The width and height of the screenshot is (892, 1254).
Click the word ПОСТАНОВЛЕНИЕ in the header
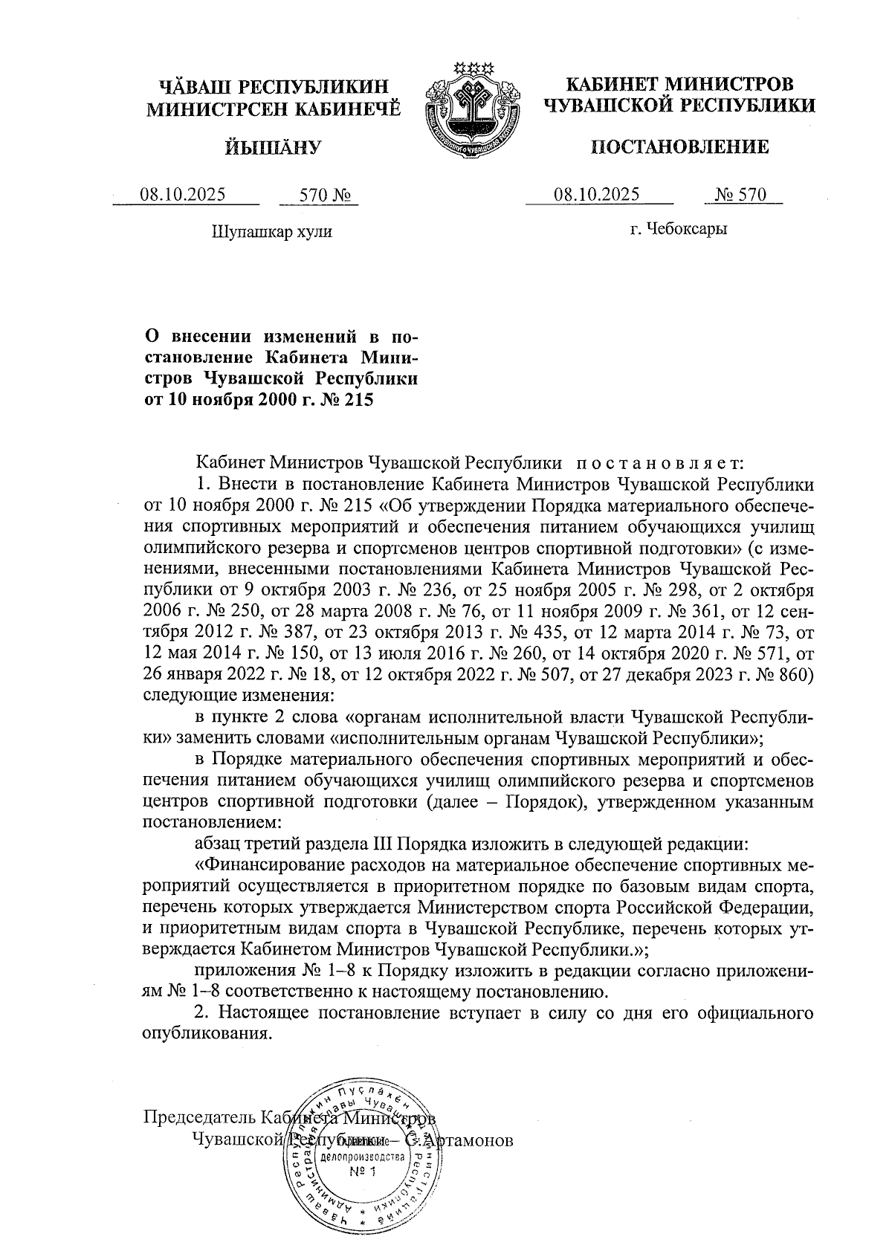679,147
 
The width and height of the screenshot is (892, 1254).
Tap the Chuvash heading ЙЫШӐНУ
273,147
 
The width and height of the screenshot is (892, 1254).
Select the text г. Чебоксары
679,229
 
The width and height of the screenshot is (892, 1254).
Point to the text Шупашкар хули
272,231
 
